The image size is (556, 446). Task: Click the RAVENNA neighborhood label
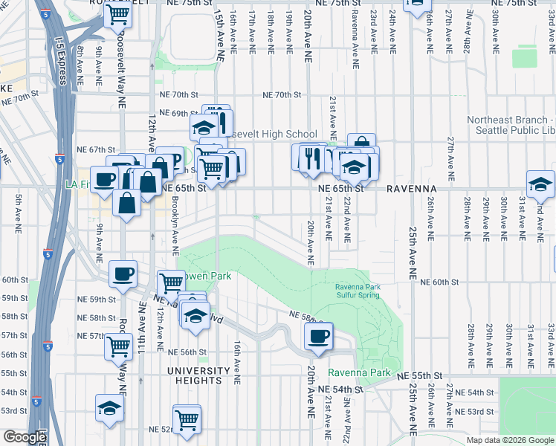pos(411,189)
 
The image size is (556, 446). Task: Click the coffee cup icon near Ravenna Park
pos(319,335)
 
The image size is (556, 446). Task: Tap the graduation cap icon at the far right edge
pos(540,184)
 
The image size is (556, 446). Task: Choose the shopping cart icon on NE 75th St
pos(118,14)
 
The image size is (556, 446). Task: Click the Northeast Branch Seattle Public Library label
pos(511,125)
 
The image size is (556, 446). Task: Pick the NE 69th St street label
pos(175,113)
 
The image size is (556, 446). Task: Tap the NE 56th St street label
pos(187,352)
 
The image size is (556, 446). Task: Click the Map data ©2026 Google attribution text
pos(509,440)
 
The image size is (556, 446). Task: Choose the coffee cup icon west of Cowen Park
pos(123,274)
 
